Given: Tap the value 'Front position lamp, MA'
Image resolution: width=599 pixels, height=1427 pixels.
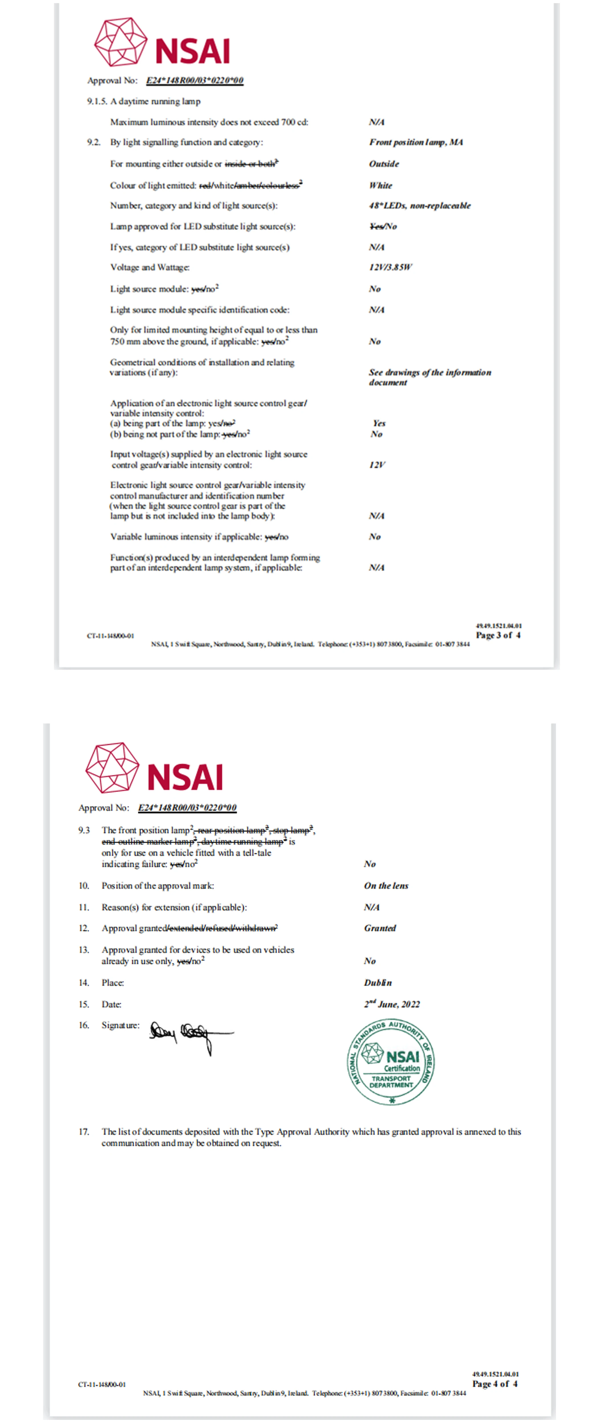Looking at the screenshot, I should (x=416, y=142).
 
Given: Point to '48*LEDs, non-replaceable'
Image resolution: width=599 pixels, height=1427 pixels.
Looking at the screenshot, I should (x=420, y=205).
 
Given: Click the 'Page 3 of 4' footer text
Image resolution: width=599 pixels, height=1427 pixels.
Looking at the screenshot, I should (x=498, y=635).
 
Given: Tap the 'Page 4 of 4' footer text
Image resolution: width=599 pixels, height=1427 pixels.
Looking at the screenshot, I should (x=494, y=1383).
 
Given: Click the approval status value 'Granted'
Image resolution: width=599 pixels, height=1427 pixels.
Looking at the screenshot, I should (x=380, y=928).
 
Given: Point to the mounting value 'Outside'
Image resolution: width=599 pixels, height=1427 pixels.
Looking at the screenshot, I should (x=384, y=164).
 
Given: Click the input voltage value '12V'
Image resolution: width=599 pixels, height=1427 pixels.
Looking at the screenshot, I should (x=377, y=465).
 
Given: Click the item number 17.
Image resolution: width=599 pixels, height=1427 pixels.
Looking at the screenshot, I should (x=84, y=1132).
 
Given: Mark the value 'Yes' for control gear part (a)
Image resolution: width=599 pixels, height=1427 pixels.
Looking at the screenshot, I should (x=379, y=423).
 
